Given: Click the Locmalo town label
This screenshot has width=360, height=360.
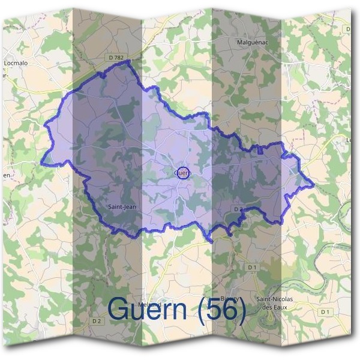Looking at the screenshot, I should click(16, 62).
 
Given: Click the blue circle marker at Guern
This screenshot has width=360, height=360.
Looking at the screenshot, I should click(184, 173).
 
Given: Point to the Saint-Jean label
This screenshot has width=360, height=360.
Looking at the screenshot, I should click(121, 207).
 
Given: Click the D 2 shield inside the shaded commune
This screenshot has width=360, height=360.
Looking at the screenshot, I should click(238, 209).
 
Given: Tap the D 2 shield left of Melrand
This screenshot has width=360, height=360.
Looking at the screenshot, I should click(97, 321).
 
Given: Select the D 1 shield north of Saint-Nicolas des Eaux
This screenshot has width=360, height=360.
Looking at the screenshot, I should click(252, 266).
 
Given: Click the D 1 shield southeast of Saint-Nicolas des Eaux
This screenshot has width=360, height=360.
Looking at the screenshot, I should click(326, 312).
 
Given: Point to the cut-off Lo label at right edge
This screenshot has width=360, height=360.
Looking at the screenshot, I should click(350, 140).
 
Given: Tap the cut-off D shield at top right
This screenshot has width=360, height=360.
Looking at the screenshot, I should click(349, 28).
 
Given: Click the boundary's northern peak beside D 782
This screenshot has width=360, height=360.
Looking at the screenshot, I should click(128, 61).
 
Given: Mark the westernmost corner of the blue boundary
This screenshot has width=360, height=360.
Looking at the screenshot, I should click(41, 163).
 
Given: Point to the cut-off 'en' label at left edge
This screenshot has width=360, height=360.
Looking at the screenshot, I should click(6, 175).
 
